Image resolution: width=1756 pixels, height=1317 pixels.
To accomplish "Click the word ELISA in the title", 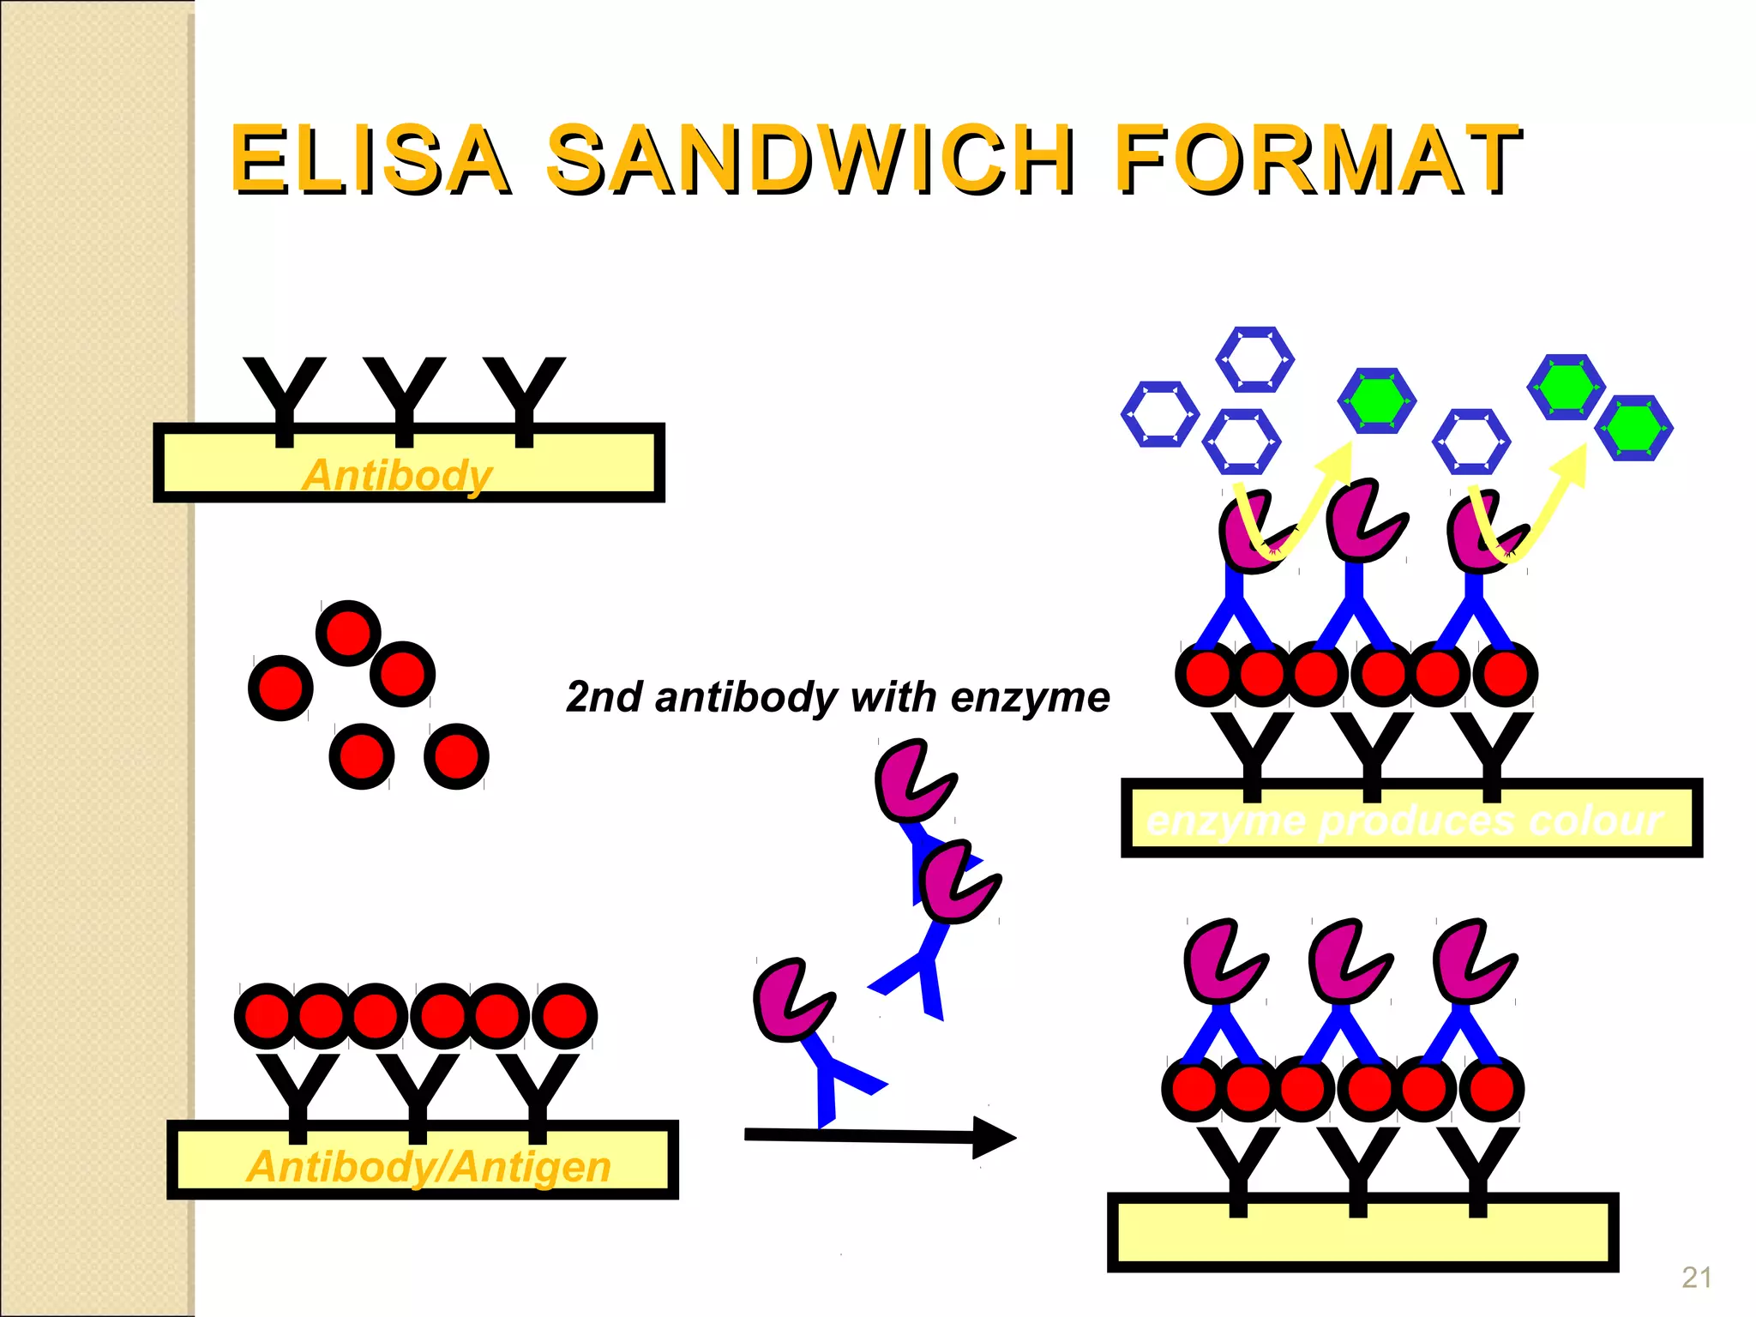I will (x=369, y=159).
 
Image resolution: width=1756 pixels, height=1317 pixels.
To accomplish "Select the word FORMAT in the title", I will (x=1317, y=159).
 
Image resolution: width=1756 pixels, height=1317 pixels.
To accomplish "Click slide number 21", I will (x=1697, y=1278).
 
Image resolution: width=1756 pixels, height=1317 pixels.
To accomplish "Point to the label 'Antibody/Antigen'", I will (x=429, y=1166).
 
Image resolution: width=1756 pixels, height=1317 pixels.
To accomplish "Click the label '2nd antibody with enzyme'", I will (x=838, y=696).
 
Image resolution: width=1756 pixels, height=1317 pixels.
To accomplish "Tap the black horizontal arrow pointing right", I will (x=875, y=1136).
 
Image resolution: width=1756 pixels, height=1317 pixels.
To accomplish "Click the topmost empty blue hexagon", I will (x=1255, y=359).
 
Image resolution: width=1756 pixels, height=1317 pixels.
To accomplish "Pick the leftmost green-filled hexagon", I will (x=1376, y=400).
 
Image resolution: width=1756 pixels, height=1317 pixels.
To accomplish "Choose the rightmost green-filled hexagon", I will (x=1634, y=428).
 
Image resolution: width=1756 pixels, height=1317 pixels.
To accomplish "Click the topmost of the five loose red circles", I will (x=348, y=634).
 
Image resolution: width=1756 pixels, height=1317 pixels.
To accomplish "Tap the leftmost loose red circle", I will (x=280, y=688).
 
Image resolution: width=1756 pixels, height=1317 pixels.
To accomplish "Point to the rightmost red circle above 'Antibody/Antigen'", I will (x=564, y=1016).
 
